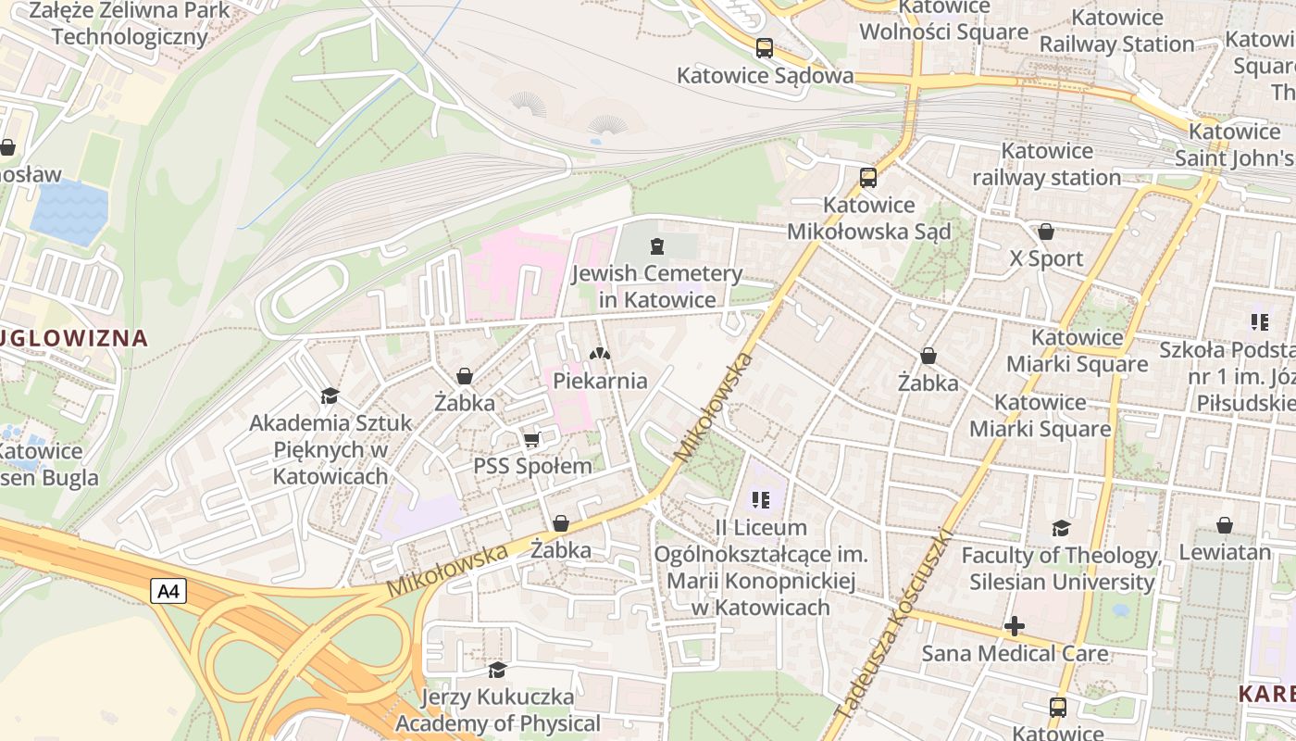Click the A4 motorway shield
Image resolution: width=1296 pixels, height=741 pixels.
coord(168,591)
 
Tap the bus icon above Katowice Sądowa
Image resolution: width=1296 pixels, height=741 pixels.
coord(765,48)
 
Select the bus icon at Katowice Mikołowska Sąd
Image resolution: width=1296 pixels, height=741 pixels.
coord(867,178)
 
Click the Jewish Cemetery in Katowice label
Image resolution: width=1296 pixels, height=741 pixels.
coord(657,286)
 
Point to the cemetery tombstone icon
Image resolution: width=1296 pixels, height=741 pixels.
coord(657,246)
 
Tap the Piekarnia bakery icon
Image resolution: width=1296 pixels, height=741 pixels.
coord(600,354)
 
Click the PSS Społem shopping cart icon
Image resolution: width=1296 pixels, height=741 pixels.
coord(531,439)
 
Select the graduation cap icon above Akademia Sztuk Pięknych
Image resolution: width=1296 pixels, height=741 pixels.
coord(330,396)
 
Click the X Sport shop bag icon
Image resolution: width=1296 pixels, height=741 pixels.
coord(1046,232)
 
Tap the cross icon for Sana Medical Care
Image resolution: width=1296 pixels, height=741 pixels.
coord(1015,627)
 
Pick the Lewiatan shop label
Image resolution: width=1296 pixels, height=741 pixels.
coord(1225,552)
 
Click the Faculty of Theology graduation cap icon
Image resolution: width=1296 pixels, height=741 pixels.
coord(1061,528)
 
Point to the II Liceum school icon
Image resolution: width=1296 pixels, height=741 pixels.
coord(761,500)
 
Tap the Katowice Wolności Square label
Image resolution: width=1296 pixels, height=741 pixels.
coord(943,20)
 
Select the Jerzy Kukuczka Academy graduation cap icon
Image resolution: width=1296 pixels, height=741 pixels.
coord(497,669)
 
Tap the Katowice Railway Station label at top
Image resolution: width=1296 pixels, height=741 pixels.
coord(1116,31)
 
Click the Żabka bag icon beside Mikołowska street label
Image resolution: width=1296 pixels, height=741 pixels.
coord(560,524)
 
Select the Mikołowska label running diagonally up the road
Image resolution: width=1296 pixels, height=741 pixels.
coord(713,408)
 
